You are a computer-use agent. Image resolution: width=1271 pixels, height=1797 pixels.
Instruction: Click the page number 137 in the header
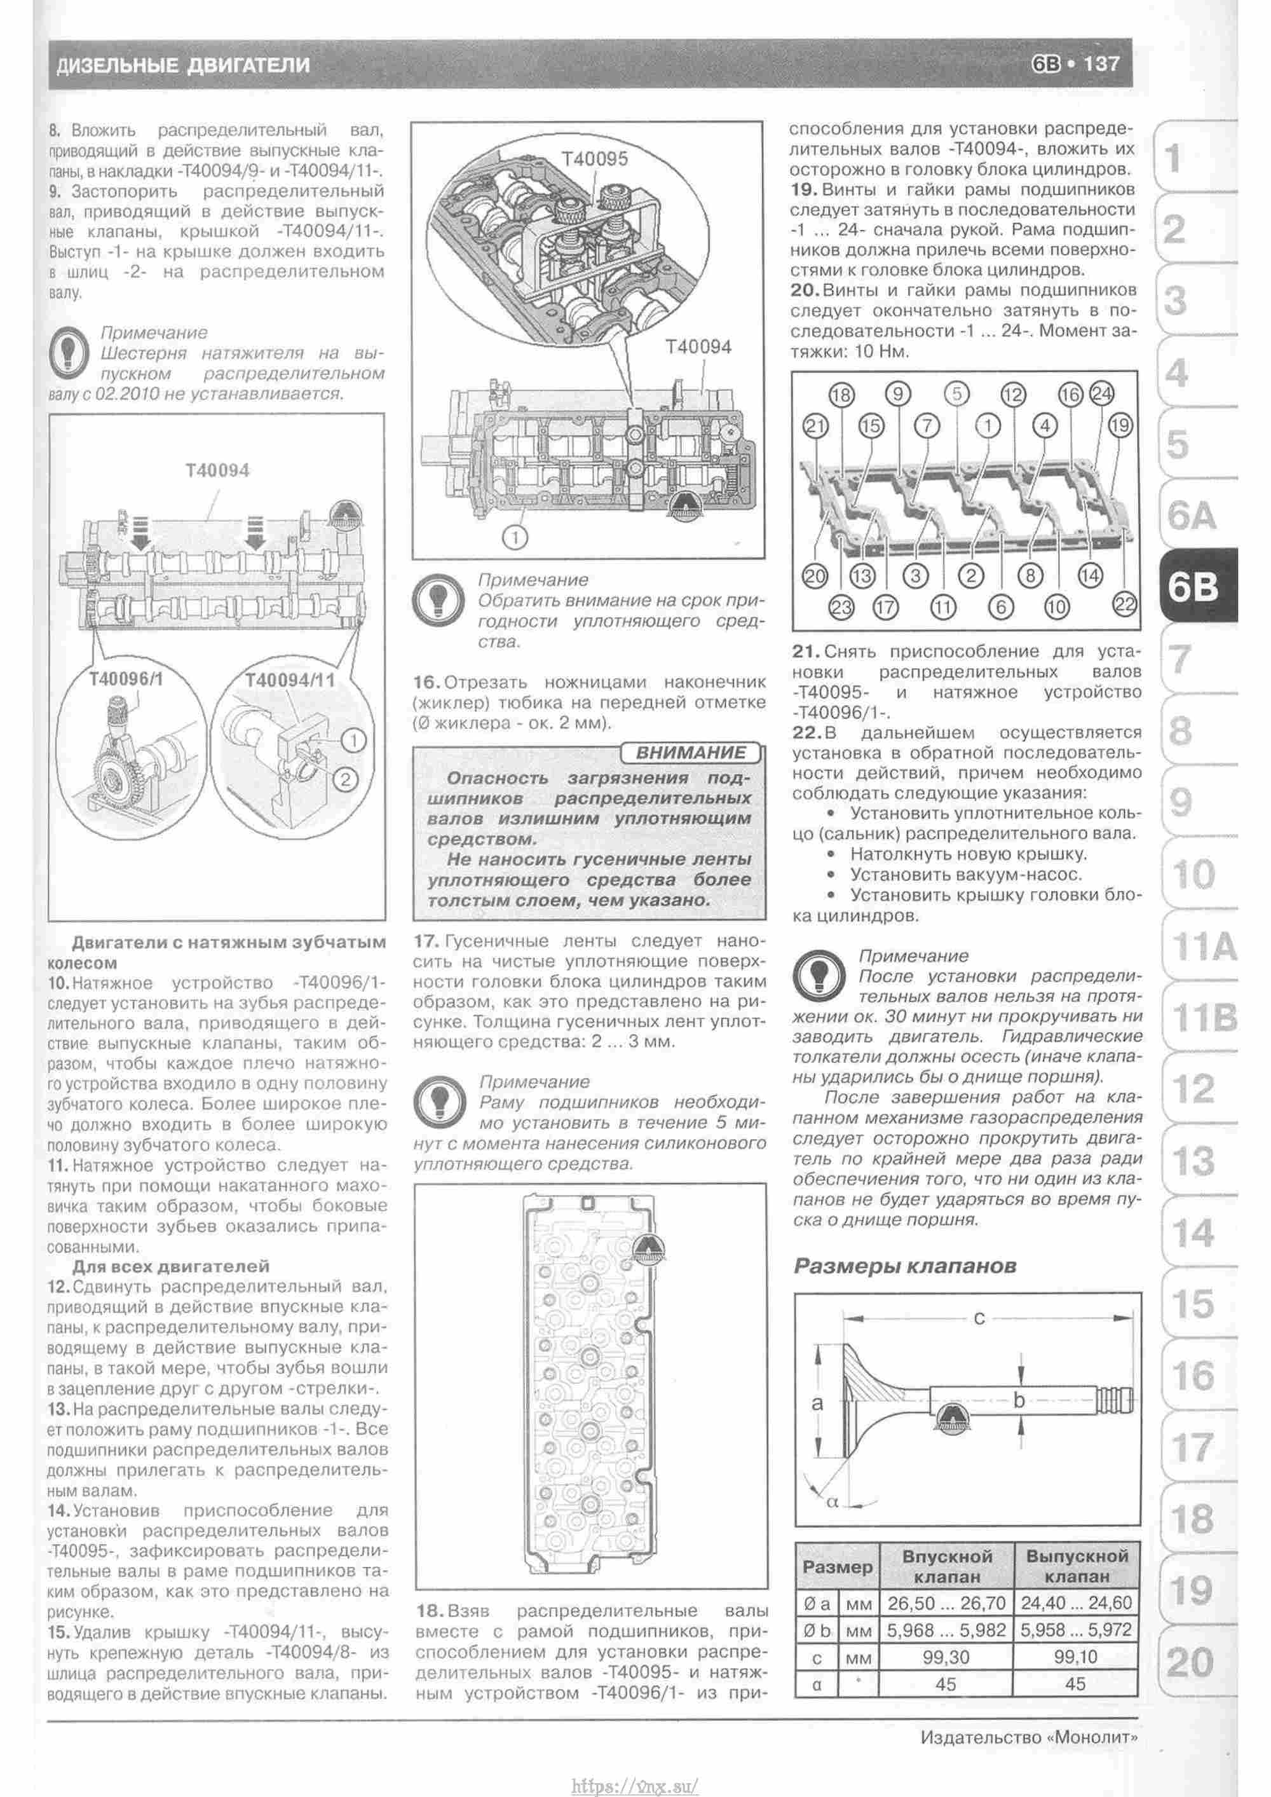pos(1101,64)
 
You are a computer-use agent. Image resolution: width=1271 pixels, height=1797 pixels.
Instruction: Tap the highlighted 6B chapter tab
pos(1193,586)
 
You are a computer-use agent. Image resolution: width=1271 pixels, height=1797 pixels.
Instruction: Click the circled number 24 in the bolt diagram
pos(1101,395)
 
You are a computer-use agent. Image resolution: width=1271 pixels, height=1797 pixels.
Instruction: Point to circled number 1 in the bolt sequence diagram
pos(988,426)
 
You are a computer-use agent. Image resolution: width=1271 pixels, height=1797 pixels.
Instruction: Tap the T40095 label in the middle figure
pos(595,159)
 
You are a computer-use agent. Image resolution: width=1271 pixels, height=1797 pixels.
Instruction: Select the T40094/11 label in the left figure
pos(290,680)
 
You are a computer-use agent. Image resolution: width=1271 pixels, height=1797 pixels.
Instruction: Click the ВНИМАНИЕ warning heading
pos(690,753)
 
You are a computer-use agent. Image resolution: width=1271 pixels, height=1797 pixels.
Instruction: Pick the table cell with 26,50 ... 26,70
pos(947,1602)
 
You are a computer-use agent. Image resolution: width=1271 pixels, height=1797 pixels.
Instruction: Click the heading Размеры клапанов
pos(906,1266)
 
